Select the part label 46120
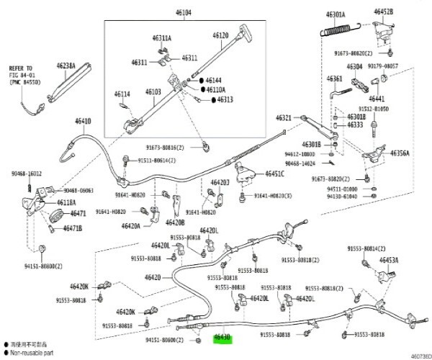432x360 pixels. point(220,35)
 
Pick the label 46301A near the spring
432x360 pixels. point(336,14)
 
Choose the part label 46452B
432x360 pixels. point(383,12)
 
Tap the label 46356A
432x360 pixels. point(400,153)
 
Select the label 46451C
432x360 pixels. point(274,174)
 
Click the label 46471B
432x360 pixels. point(71,228)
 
